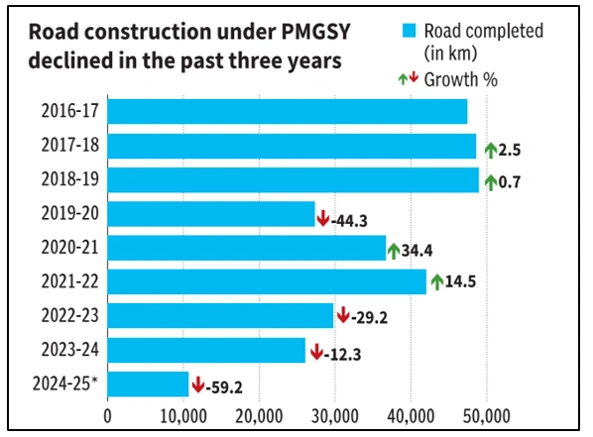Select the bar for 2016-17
coord(287,112)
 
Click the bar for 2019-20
coord(210,214)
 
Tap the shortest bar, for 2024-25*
coord(148,383)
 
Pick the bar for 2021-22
coord(267,281)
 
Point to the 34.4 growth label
coord(417,252)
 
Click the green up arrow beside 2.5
coord(490,150)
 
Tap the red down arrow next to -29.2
coord(343,316)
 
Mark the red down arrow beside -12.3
coord(315,350)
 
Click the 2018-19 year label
coord(68,180)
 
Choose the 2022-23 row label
coord(68,316)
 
